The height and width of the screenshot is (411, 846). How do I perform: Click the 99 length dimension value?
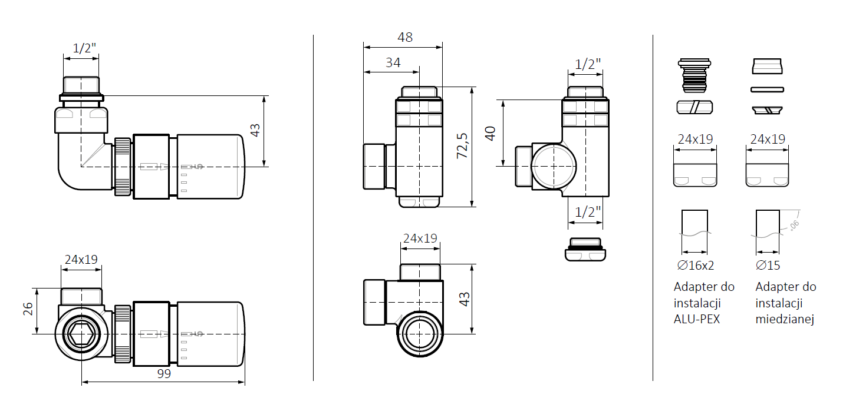pyautogui.click(x=164, y=374)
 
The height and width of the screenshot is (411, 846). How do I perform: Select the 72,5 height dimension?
pyautogui.click(x=462, y=145)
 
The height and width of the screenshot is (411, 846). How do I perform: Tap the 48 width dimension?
pyautogui.click(x=405, y=37)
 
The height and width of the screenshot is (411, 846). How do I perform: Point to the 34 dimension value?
pyautogui.click(x=393, y=62)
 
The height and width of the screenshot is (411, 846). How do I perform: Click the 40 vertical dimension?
pyautogui.click(x=490, y=134)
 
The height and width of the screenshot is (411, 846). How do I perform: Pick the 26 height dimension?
pyautogui.click(x=28, y=309)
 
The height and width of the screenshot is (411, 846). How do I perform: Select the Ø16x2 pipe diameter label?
pyautogui.click(x=695, y=266)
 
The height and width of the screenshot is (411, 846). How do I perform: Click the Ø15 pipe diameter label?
pyautogui.click(x=768, y=266)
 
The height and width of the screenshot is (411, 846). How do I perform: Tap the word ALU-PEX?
pyautogui.click(x=697, y=319)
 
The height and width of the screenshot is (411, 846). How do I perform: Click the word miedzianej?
pyautogui.click(x=785, y=319)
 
